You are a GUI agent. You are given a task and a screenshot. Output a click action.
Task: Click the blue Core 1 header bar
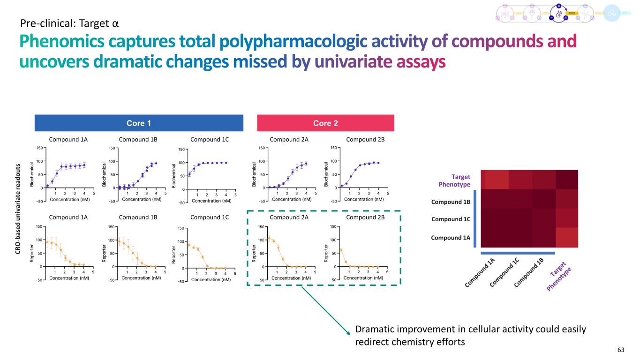tap(139, 123)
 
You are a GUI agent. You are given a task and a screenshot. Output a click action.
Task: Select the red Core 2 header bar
tap(325, 123)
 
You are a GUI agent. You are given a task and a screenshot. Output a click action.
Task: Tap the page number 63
tap(621, 350)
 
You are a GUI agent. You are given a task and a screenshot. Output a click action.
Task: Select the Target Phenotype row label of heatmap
tap(454, 180)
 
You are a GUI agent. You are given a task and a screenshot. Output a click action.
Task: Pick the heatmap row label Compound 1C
tap(451, 219)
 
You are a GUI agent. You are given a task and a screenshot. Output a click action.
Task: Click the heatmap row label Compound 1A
tap(451, 238)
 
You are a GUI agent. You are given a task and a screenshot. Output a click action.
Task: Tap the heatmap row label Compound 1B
tap(451, 202)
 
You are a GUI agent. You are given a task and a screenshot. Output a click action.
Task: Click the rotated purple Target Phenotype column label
tap(561, 275)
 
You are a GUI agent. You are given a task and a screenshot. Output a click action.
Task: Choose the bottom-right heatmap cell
tap(566, 237)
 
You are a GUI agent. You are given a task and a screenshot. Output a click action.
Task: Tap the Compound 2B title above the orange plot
tap(364, 217)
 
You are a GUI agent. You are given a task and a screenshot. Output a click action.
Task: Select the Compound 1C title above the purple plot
tap(210, 139)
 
